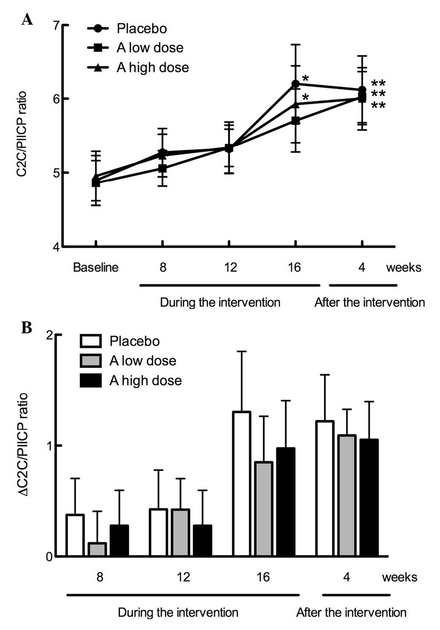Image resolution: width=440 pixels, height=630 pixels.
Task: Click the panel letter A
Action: coord(27,19)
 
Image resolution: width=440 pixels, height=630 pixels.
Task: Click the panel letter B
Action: coord(26,327)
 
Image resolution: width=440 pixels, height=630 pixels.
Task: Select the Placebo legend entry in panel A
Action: coord(141,29)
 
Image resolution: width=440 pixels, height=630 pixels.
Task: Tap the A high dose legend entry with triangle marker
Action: coord(152,67)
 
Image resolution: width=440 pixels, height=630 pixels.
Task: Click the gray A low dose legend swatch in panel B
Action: coord(91,361)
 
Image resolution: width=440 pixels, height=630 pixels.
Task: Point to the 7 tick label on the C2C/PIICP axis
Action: coord(56,26)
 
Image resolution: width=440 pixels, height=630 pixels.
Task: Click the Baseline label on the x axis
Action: coord(95,267)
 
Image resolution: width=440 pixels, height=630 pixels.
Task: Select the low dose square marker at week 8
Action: coord(162,169)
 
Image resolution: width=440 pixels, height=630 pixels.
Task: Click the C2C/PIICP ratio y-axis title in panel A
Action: coord(22,134)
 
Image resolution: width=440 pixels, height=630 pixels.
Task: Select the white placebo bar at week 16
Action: coord(242,484)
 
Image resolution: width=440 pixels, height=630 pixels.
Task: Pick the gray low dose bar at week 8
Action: coord(97,549)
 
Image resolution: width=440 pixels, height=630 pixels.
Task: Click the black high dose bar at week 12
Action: coord(202,540)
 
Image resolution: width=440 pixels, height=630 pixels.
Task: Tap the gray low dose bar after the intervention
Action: coord(346,495)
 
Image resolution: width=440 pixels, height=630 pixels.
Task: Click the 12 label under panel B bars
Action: coord(183,577)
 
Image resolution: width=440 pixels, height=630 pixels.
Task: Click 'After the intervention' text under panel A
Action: coord(369,302)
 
